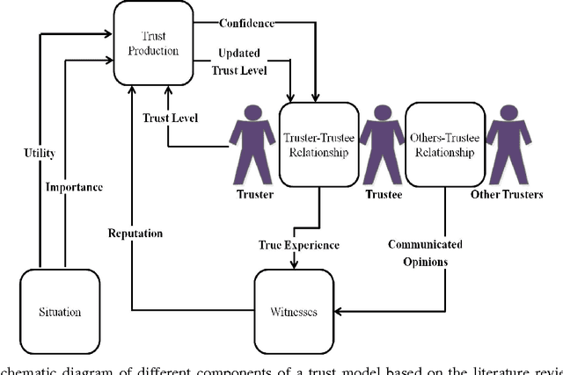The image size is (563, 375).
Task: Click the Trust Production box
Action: pyautogui.click(x=153, y=40)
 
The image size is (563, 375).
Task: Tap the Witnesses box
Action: pyautogui.click(x=296, y=311)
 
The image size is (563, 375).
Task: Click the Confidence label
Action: pyautogui.click(x=246, y=22)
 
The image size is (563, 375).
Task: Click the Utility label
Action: pyautogui.click(x=39, y=154)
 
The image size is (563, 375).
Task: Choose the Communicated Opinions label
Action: pyautogui.click(x=426, y=252)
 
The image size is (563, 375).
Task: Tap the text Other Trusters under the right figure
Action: pyautogui.click(x=508, y=194)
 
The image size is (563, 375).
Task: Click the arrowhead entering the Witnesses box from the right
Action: pyautogui.click(x=341, y=309)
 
